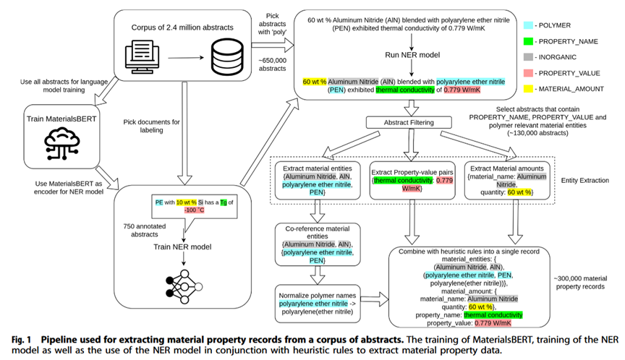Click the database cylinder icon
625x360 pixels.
(x=227, y=56)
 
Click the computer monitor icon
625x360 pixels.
(x=143, y=57)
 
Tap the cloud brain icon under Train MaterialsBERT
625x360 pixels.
(x=62, y=143)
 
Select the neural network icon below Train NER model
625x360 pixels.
(x=184, y=287)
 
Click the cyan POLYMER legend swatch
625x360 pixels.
(x=528, y=25)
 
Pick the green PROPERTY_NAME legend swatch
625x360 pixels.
(x=528, y=41)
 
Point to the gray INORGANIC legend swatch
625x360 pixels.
(x=528, y=57)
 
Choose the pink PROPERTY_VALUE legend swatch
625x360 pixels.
(x=528, y=73)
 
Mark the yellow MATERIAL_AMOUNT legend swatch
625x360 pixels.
(x=528, y=89)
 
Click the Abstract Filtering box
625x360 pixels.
(x=409, y=122)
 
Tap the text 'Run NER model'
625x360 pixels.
(x=412, y=55)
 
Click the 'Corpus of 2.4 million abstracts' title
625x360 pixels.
(x=182, y=27)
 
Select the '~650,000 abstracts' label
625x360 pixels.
(x=272, y=64)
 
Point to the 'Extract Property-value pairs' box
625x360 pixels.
(x=412, y=181)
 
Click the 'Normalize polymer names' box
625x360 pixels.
(x=318, y=304)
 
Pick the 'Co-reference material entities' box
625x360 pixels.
(x=318, y=244)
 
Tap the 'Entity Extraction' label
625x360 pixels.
(x=584, y=181)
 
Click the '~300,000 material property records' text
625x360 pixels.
(x=580, y=283)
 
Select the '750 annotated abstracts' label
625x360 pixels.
(x=144, y=230)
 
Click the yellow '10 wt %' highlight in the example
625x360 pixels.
(x=186, y=202)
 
